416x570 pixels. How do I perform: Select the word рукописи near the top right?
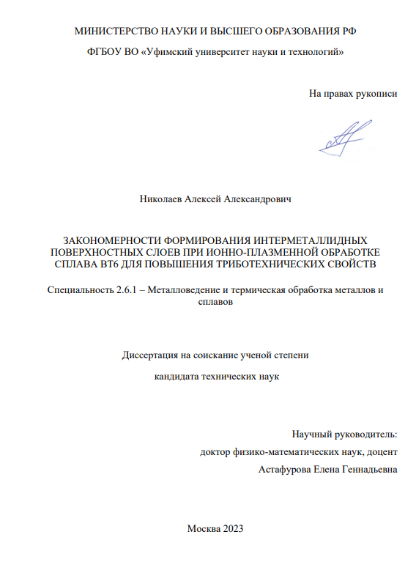pos(376,94)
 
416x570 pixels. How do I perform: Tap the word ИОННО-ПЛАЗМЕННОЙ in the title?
pos(237,251)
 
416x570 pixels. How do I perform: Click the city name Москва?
pos(201,529)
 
